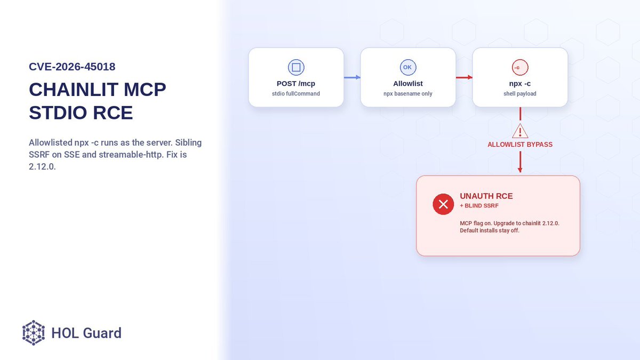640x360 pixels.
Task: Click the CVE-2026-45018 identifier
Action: click(x=72, y=67)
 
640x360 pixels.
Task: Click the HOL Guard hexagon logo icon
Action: click(x=34, y=333)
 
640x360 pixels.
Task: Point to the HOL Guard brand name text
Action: click(x=86, y=333)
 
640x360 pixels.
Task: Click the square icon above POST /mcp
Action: click(x=296, y=67)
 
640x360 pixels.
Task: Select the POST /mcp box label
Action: click(x=296, y=83)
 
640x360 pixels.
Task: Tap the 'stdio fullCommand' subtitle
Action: click(x=296, y=94)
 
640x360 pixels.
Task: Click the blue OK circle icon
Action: click(x=408, y=67)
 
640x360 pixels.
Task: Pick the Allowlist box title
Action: click(x=408, y=83)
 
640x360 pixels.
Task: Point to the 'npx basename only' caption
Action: click(x=408, y=94)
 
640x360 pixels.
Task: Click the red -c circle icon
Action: click(x=520, y=67)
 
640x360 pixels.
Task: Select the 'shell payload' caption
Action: click(x=520, y=94)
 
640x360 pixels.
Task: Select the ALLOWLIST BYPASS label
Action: click(x=520, y=145)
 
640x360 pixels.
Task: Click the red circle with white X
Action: click(x=443, y=204)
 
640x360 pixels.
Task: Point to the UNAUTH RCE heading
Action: click(x=486, y=196)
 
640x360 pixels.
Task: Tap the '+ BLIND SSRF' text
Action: click(x=479, y=206)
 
